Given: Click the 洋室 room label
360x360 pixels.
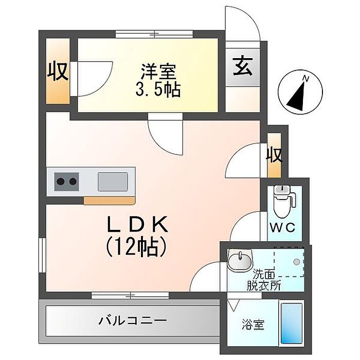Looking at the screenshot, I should (157, 70).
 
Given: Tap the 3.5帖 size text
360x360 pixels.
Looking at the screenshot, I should (157, 91).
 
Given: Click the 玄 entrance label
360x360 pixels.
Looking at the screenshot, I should (243, 66).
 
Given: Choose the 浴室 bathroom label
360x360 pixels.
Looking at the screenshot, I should (254, 325).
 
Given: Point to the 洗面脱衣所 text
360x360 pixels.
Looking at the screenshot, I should (266, 280).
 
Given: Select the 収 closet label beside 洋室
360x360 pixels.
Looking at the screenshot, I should (58, 71).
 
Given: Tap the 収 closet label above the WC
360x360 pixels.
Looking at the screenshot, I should (275, 154).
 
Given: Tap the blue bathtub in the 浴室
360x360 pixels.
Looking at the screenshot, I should (291, 324).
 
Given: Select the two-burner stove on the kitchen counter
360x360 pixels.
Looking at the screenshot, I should (67, 181).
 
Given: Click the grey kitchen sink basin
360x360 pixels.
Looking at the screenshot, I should (113, 181).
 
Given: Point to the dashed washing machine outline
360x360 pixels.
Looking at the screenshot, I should (289, 262).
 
